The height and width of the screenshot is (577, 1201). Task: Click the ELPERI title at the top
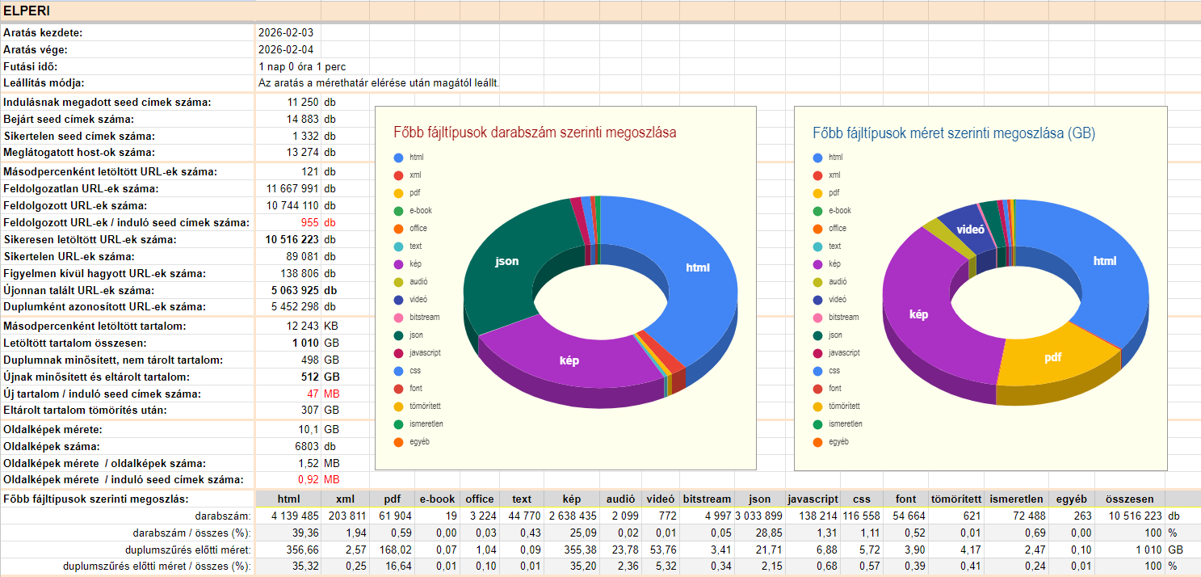pos(27,11)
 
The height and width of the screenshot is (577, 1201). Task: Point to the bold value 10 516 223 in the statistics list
pos(292,239)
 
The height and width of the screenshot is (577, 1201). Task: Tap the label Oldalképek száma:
pos(52,446)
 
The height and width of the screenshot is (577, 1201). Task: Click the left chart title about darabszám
pos(535,133)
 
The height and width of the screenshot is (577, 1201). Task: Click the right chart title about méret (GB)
pos(954,133)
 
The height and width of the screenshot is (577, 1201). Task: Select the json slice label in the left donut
pos(507,261)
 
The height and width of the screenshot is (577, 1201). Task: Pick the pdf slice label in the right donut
pos(1052,357)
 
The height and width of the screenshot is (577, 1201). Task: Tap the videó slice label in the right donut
pos(970,230)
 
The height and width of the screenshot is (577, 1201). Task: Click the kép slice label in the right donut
pos(919,314)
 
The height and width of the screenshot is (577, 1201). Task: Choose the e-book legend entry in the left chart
pos(420,210)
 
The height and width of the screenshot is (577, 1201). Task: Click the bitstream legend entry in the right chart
pos(844,317)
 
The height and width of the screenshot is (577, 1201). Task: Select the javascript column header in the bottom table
pos(813,499)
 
